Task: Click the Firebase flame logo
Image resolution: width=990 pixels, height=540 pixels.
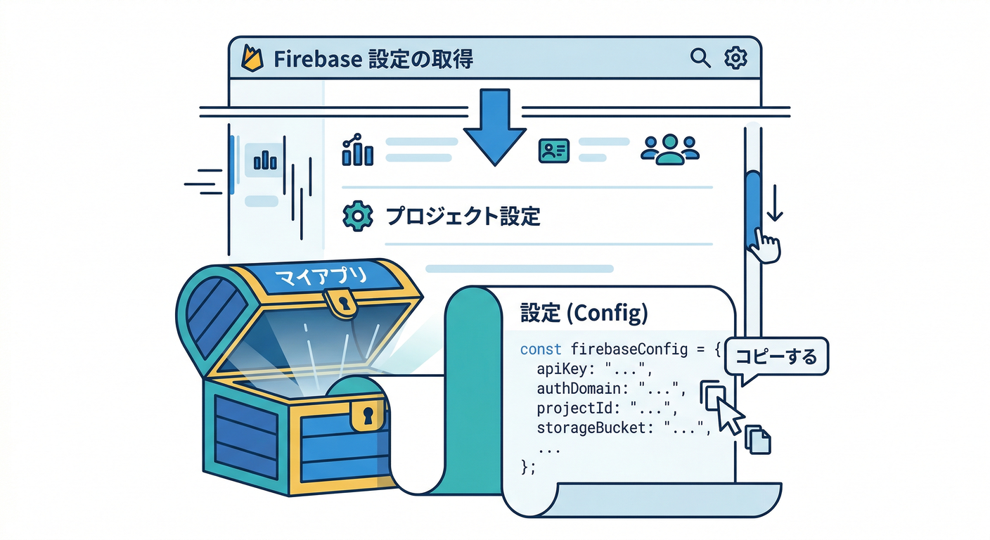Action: (x=253, y=58)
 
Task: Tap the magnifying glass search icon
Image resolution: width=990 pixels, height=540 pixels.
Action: (x=700, y=58)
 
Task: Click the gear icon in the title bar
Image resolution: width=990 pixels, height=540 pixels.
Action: (x=735, y=58)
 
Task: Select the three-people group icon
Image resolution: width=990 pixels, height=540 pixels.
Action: (x=669, y=149)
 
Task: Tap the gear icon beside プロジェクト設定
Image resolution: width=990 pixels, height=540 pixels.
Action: (x=357, y=215)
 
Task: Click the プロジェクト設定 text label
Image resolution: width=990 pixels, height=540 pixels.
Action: (x=463, y=216)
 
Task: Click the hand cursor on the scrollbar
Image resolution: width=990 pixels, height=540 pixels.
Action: (x=764, y=247)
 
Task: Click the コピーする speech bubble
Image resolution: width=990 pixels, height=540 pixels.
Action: (x=776, y=357)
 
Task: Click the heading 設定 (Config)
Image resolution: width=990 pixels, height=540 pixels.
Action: (x=583, y=314)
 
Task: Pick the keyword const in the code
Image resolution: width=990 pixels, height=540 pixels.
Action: (x=540, y=349)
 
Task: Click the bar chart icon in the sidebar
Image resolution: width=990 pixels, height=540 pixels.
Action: (x=264, y=160)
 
